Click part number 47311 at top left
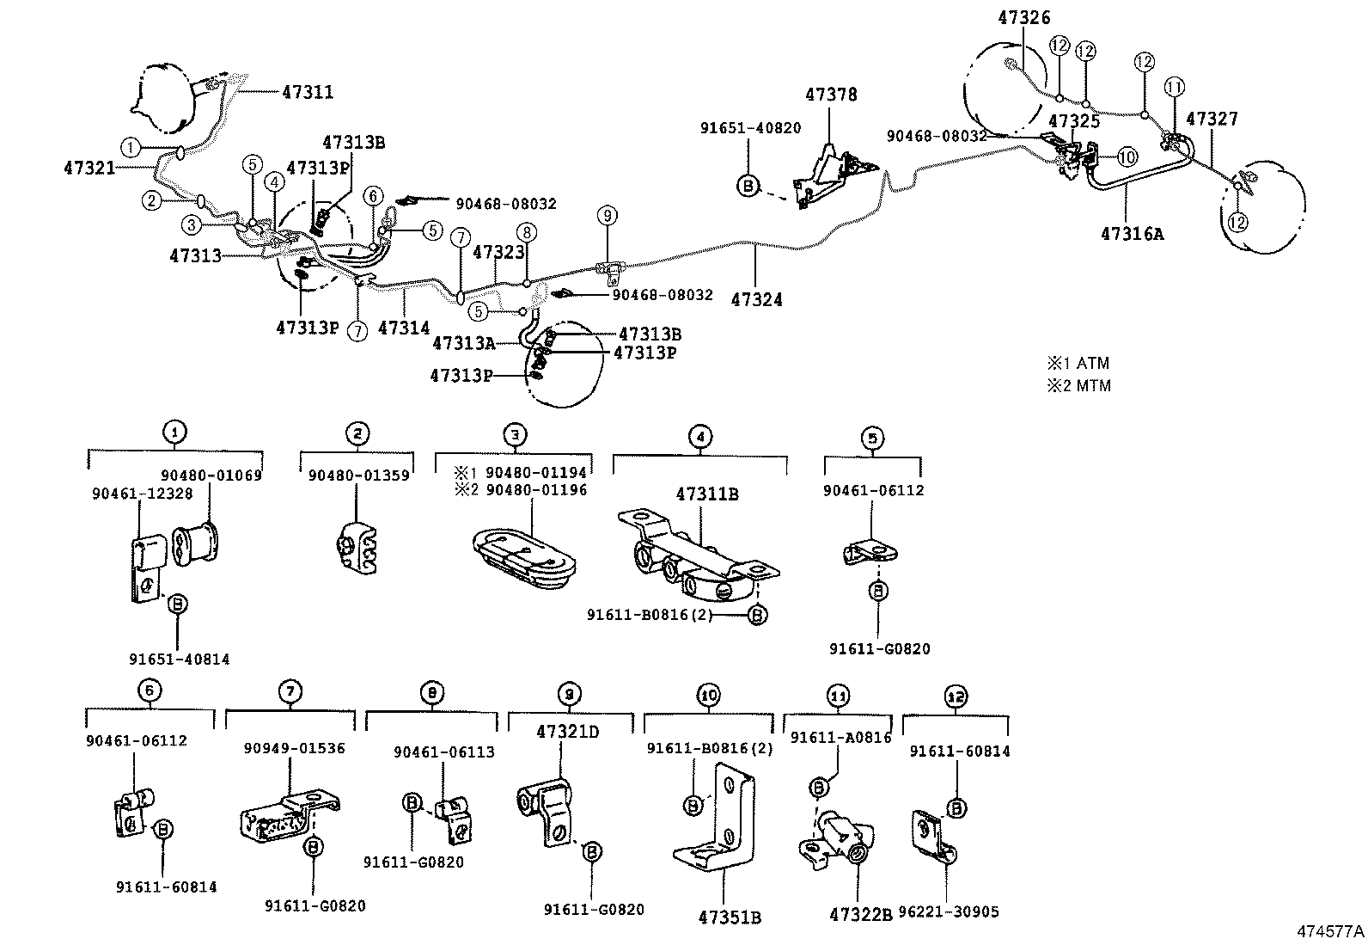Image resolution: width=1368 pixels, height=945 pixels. (308, 92)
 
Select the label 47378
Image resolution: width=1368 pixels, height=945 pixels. (831, 95)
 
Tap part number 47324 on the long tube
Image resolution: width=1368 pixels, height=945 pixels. (756, 299)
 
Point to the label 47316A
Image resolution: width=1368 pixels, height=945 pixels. (1132, 232)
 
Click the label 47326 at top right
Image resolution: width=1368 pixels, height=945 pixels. (1023, 18)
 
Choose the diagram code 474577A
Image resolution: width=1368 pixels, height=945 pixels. (1330, 931)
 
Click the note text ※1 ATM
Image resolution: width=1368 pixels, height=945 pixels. (1078, 363)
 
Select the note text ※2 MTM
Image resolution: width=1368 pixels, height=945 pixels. (1078, 385)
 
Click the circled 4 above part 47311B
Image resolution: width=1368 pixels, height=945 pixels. (700, 437)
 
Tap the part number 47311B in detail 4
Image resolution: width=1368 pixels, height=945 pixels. (707, 494)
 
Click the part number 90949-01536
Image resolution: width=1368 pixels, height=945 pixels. (293, 748)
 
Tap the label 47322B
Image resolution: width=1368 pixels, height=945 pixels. (860, 913)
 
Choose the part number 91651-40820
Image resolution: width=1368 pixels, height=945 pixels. (749, 128)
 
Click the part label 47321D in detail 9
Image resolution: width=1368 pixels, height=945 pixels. (567, 732)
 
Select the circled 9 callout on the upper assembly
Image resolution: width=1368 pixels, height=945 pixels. (607, 214)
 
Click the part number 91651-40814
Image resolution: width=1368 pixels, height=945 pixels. (180, 659)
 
